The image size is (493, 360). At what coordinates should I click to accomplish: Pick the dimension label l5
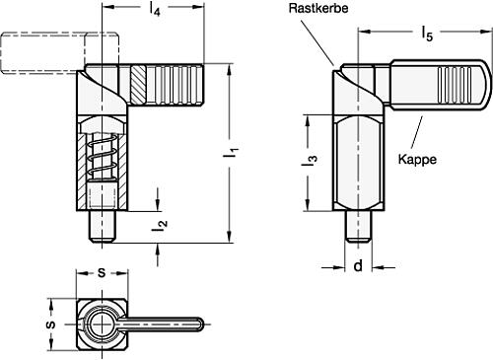click(427, 36)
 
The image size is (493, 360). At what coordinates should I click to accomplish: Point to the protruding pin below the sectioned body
click(103, 226)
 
